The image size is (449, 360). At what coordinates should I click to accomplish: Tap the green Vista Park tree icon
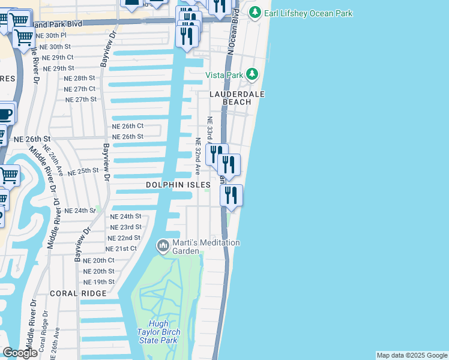[x=253, y=74]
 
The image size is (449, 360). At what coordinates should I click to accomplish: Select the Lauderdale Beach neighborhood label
[x=237, y=98]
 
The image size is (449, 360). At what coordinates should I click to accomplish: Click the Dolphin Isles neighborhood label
[x=178, y=185]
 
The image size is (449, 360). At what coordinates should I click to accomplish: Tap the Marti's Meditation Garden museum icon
[x=162, y=245]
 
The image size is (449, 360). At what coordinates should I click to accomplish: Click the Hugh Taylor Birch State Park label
[x=157, y=332]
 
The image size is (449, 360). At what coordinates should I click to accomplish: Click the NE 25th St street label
[x=83, y=171]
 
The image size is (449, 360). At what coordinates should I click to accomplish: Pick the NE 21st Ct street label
[x=121, y=248]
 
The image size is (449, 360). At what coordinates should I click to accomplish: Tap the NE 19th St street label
[x=99, y=281]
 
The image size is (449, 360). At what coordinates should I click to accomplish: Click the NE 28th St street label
[x=80, y=78]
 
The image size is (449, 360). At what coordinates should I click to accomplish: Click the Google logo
[x=20, y=353]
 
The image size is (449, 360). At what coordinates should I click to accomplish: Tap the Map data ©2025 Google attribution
[x=412, y=355]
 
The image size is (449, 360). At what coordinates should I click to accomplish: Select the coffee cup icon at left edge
[x=5, y=113]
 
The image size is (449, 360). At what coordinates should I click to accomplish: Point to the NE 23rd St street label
[x=126, y=227]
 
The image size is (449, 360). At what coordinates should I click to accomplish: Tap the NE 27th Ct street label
[x=80, y=89]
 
